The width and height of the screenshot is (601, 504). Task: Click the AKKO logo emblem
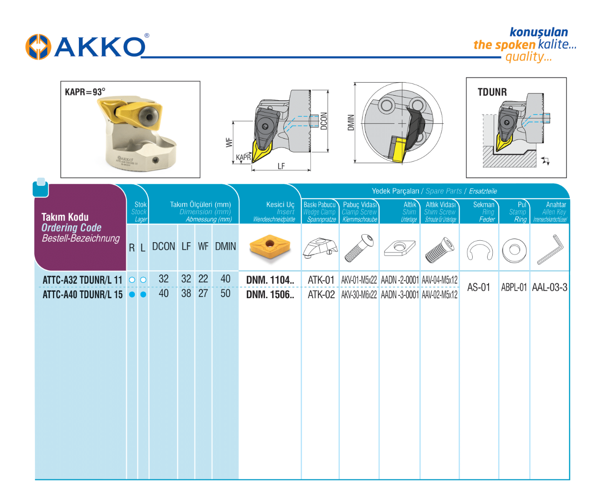[38, 47]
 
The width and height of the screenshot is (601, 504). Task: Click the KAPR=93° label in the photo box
[85, 92]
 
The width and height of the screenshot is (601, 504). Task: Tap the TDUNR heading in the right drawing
[492, 92]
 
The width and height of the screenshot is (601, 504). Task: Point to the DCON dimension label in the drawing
[324, 120]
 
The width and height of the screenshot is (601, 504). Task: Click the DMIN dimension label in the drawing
[351, 122]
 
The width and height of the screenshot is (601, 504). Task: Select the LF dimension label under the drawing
[281, 166]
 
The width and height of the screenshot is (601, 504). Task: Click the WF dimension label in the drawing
[229, 142]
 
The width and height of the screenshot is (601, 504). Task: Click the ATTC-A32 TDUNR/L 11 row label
[82, 280]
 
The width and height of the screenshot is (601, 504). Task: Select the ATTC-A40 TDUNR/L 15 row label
[82, 294]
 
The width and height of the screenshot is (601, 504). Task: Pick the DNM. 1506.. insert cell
[270, 294]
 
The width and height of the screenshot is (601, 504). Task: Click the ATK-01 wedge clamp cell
[321, 280]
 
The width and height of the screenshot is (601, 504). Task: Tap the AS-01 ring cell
[479, 287]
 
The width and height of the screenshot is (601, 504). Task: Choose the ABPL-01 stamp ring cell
[514, 287]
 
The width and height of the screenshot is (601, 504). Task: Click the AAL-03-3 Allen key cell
[550, 287]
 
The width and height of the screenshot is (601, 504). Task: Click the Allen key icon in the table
[550, 249]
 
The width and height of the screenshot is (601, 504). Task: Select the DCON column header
[163, 246]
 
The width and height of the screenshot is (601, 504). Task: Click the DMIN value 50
[225, 294]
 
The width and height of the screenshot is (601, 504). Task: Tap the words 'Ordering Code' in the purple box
[71, 228]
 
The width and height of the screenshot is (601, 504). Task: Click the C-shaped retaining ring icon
[479, 251]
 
